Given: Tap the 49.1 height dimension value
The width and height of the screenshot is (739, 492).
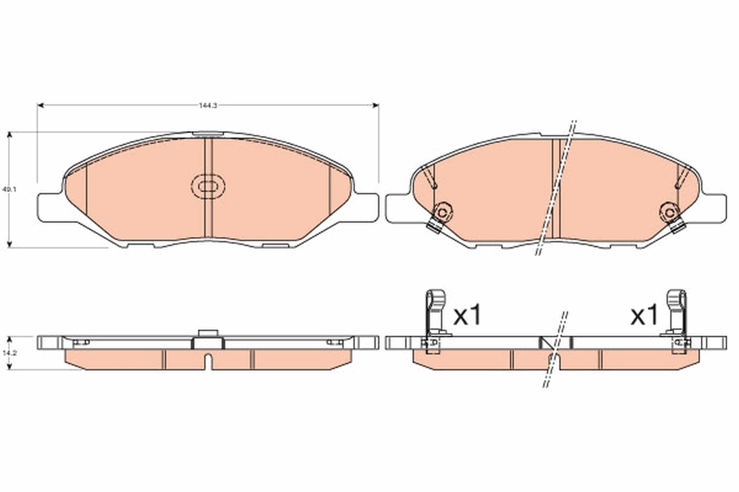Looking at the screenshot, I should click(x=8, y=190).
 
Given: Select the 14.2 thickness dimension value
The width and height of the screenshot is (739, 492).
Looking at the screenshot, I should click(x=8, y=353).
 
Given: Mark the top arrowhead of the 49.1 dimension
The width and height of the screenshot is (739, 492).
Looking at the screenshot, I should click(x=9, y=135).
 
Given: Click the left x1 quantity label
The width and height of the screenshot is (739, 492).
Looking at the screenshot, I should click(x=466, y=317).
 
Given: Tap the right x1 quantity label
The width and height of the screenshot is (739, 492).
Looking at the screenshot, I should click(x=644, y=317).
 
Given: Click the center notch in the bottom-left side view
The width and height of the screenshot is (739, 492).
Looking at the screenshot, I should click(x=208, y=360).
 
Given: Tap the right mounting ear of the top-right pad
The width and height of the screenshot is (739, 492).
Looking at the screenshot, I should click(x=714, y=207).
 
